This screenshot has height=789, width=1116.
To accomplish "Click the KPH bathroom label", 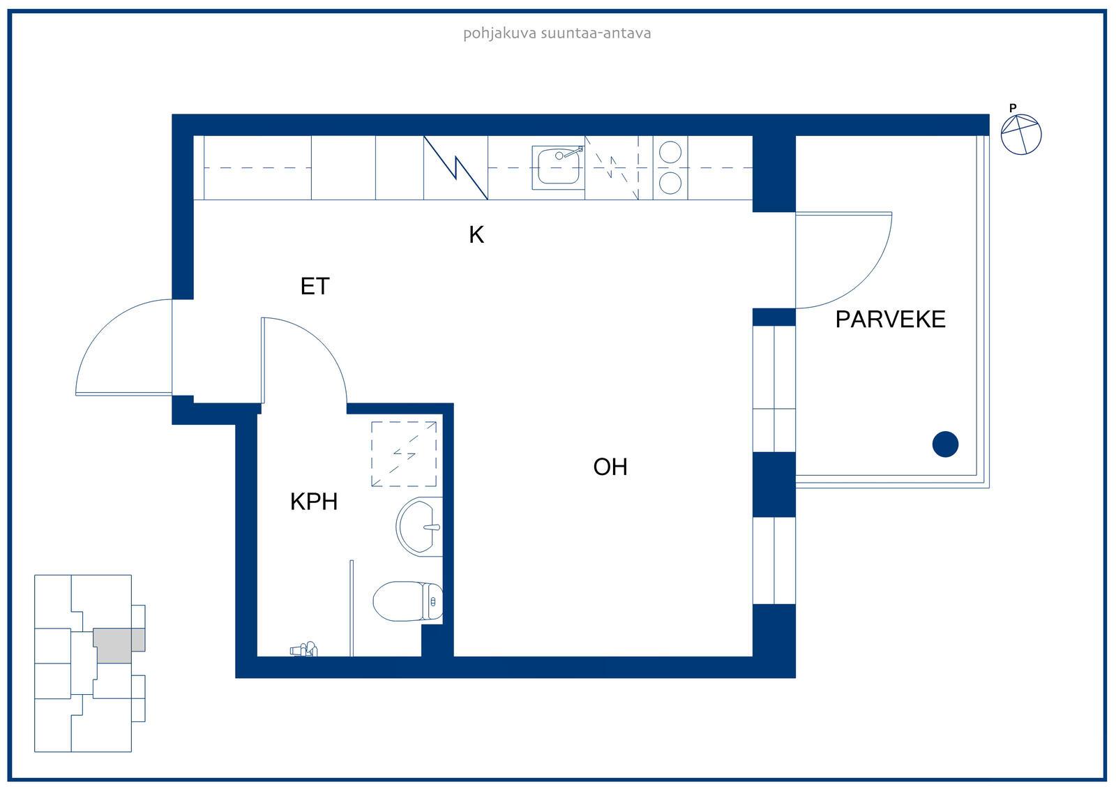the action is click(314, 502).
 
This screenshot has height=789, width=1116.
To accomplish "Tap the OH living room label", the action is click(610, 467).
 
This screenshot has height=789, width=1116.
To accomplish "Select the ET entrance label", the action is click(315, 286).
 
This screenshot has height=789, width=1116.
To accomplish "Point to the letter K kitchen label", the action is click(476, 235).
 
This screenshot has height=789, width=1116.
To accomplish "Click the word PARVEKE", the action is click(890, 320).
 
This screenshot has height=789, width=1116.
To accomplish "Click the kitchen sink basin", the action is click(559, 167).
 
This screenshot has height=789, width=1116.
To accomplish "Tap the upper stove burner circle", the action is click(670, 151).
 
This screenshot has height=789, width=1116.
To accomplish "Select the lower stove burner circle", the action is click(670, 183).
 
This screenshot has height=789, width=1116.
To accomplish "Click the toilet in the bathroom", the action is click(407, 601).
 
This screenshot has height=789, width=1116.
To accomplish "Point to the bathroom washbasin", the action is click(419, 526).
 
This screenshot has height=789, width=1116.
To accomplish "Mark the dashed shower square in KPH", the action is click(404, 454).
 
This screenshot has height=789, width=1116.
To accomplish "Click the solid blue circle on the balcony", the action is click(945, 444).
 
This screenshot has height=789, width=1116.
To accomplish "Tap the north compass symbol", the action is click(1021, 134).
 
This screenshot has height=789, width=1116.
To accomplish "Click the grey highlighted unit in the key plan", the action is click(119, 645).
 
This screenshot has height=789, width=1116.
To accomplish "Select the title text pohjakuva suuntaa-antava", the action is click(557, 33).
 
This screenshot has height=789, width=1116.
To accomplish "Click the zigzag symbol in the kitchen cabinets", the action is click(455, 167).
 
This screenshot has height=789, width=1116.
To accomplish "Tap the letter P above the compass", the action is click(1013, 107).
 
